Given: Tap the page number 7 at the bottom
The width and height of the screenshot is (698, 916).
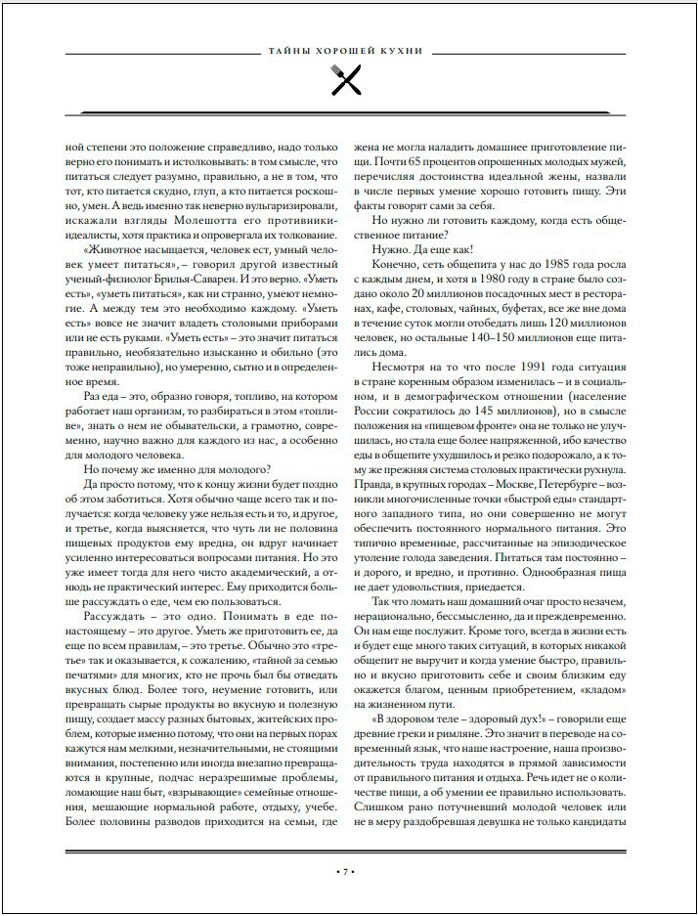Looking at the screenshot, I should click(x=349, y=870).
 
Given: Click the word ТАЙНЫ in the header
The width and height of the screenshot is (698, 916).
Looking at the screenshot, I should click(x=288, y=51).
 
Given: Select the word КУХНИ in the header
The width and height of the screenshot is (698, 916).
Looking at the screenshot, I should click(x=402, y=51).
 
